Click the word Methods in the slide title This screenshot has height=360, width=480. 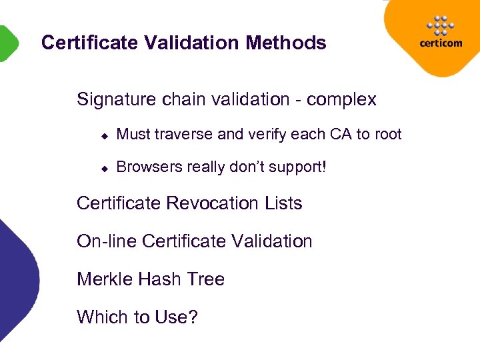286,43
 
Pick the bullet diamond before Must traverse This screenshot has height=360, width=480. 104,135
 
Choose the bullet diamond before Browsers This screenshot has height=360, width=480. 104,167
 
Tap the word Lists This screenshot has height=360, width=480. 283,203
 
